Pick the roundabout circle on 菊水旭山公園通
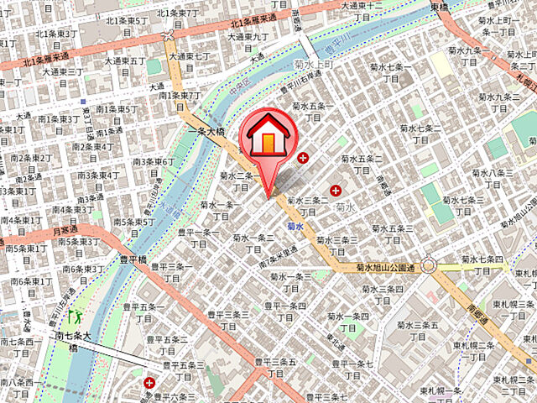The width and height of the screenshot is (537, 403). pos(429,266)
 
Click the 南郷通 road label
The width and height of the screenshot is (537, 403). pos(471,296)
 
